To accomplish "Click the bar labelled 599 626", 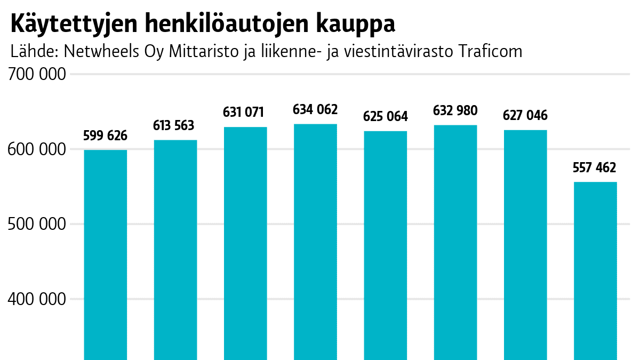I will pos(106,254).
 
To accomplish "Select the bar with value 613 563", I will pos(175,250).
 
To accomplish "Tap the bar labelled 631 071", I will pos(245,243).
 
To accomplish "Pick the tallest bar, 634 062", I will pos(315,242).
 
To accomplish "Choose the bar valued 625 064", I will pos(385,245).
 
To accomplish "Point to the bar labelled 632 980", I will pos(455,242).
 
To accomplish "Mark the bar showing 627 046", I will pos(525,244).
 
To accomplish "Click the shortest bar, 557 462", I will pos(595,270).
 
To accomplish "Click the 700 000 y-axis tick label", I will pos(37,75).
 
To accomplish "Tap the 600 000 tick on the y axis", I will pos(37,149).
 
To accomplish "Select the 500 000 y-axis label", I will pos(37,225).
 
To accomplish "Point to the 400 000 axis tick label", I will pos(37,299).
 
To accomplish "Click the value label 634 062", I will pos(315,110).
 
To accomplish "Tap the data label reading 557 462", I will pos(594,168).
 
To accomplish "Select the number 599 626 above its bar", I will pos(106,136).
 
